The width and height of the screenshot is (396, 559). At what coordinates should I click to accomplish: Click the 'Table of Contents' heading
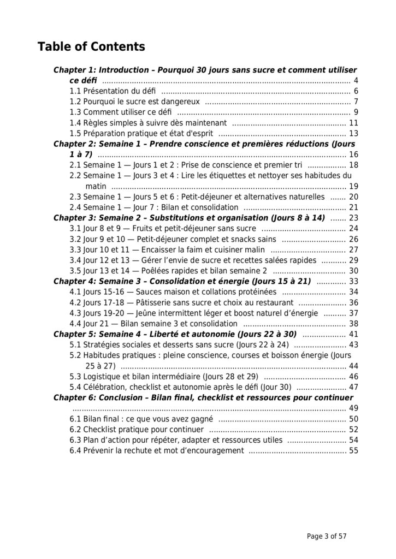point(91,47)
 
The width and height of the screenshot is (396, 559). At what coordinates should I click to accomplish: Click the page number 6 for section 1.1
point(356,91)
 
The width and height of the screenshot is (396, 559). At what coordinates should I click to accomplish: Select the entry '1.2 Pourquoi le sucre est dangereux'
point(137,102)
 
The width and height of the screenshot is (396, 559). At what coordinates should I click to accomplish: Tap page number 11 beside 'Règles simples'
point(353,123)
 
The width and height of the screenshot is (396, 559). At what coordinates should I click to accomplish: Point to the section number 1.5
point(76,133)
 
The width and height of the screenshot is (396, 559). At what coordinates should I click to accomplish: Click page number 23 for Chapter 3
point(353,218)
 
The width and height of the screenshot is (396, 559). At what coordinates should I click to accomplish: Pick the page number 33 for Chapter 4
point(353,281)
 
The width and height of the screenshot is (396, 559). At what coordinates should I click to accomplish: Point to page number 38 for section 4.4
point(353,324)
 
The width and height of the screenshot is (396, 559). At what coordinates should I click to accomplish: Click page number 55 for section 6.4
point(353,450)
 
